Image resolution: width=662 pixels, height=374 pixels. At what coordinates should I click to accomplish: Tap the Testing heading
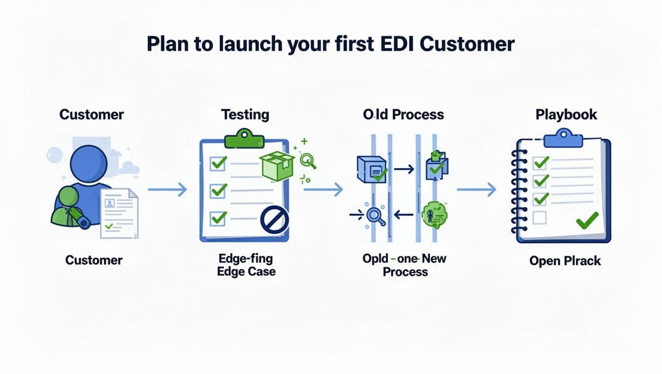[245, 115]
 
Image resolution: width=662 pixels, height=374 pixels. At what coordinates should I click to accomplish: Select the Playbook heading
[566, 115]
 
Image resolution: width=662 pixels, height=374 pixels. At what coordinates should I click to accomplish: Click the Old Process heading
[404, 115]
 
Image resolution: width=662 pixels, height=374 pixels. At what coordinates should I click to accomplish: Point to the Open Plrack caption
[565, 261]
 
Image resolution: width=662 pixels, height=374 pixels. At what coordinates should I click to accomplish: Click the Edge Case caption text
[246, 271]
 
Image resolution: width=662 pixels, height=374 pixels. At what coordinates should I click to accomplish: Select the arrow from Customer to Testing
[167, 189]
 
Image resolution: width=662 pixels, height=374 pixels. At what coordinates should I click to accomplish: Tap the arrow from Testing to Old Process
[323, 189]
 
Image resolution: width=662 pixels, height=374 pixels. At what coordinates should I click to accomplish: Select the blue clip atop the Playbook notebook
[563, 138]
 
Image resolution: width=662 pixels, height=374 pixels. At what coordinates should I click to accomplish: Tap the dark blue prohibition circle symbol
[274, 219]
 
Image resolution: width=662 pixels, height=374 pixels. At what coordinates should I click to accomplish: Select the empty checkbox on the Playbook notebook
[540, 217]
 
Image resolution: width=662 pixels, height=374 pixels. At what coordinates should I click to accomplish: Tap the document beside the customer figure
[119, 214]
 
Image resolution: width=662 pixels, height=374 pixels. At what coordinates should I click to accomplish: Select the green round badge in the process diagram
[435, 215]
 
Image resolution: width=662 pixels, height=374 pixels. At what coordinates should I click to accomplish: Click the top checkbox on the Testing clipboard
[218, 163]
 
